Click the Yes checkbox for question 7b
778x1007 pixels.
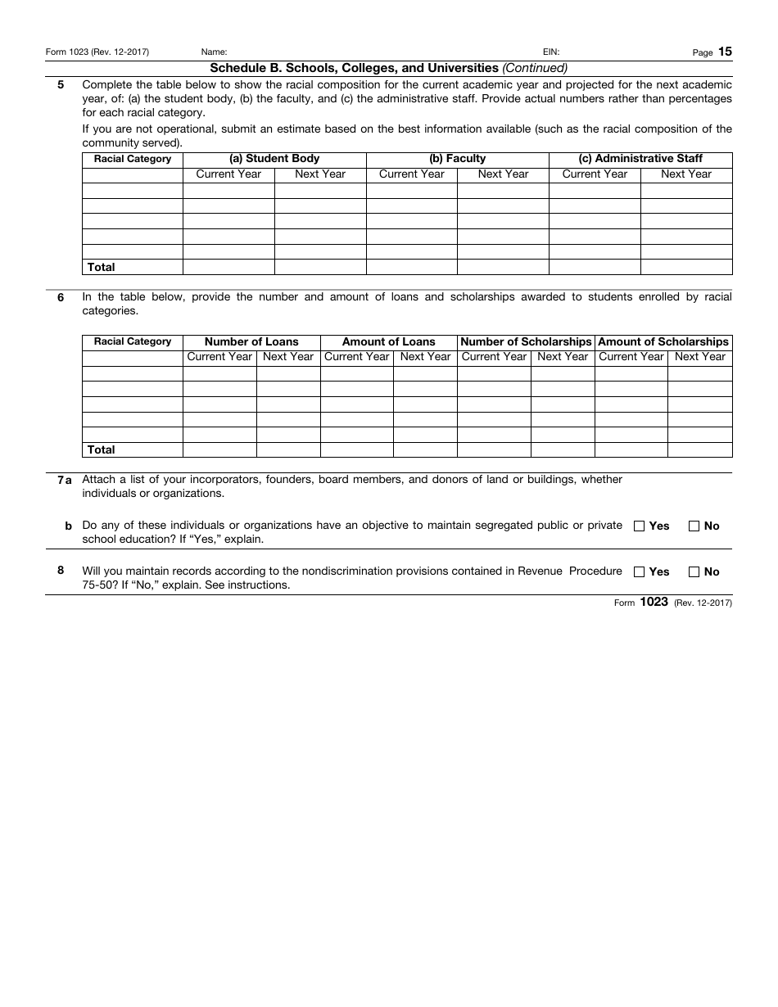[x=639, y=526]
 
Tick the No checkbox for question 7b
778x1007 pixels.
[x=694, y=526]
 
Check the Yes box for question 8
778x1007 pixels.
[x=639, y=572]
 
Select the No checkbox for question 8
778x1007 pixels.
[x=694, y=572]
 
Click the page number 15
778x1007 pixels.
[x=725, y=52]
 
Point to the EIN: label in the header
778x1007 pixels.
[x=551, y=52]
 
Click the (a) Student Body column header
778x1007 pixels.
[x=274, y=159]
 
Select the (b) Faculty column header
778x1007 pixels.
[x=457, y=159]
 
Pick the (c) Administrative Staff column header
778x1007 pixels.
[x=640, y=159]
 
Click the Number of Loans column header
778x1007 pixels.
[x=251, y=341]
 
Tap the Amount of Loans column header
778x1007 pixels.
[x=388, y=341]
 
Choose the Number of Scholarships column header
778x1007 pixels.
[x=526, y=341]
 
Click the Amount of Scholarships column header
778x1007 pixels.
[x=663, y=341]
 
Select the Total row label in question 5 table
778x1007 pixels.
[x=102, y=267]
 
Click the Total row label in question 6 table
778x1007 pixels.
[x=102, y=449]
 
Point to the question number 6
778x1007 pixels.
[x=61, y=298]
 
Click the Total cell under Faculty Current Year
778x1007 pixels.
[x=411, y=267]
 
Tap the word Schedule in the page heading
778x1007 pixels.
[x=235, y=68]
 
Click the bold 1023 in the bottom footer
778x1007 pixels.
[x=654, y=602]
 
